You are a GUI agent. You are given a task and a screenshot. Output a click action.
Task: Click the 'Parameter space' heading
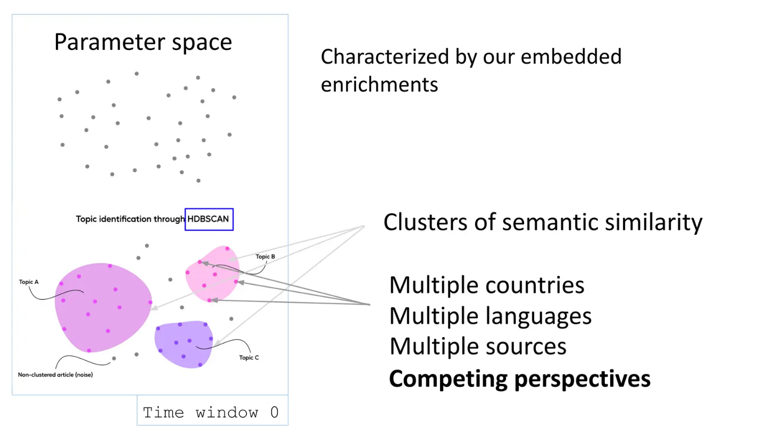point(143,42)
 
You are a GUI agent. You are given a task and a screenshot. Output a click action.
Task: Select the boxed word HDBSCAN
point(209,219)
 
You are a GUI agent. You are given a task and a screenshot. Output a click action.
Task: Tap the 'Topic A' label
point(29,282)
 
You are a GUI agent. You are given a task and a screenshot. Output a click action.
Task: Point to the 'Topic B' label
point(265,257)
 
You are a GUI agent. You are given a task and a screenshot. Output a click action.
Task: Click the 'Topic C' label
point(249,358)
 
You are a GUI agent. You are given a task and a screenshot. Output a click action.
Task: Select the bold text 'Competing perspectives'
point(519,379)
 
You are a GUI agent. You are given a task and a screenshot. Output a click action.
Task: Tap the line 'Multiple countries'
point(486,285)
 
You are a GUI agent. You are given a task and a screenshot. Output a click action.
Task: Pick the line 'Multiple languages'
point(490,316)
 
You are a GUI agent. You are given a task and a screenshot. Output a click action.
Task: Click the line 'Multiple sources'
point(477,347)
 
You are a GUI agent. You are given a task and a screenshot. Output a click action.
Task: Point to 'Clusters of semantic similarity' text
point(543,223)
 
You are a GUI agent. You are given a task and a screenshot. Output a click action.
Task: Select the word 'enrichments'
point(379,85)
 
